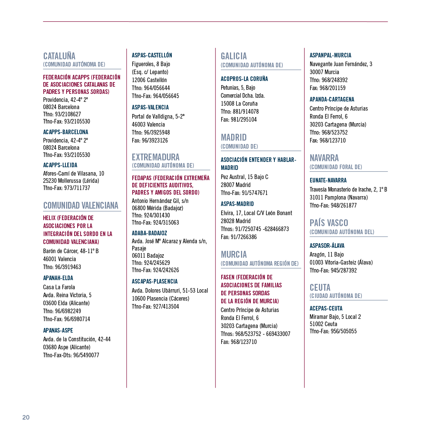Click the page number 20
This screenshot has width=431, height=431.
tap(26, 417)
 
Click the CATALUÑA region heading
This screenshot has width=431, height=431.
tap(59, 56)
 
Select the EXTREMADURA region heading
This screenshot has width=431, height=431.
tap(155, 157)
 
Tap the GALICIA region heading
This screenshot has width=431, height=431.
tap(234, 56)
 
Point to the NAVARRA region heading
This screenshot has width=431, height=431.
tap(324, 158)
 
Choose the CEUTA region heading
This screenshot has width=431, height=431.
tap(320, 287)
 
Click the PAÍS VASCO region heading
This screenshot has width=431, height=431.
tap(329, 223)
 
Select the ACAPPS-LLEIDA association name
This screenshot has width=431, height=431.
tap(60, 165)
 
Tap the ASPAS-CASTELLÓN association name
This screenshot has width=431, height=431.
tap(152, 55)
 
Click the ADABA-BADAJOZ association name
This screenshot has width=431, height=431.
tap(149, 233)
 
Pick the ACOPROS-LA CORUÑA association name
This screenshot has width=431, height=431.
tap(244, 79)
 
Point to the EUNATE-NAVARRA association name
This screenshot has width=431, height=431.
tap(328, 180)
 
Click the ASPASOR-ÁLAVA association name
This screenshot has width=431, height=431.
tap(327, 246)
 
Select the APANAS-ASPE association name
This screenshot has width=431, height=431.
tap(58, 330)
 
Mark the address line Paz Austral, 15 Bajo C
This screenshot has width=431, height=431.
tap(244, 177)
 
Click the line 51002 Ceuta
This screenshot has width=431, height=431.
tap(323, 324)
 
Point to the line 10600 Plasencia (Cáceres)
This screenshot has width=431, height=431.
tap(160, 298)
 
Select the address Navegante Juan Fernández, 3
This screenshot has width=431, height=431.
tap(341, 64)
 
